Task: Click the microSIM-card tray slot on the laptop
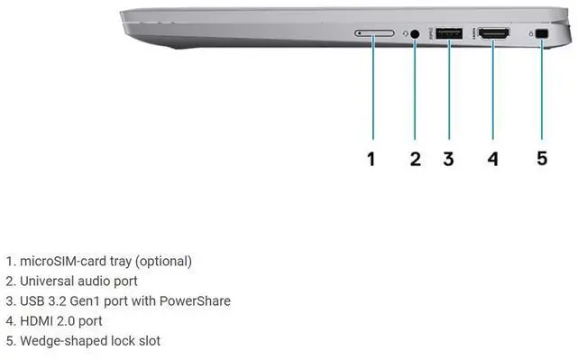[374, 33]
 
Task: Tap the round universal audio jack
[415, 34]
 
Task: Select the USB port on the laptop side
[449, 33]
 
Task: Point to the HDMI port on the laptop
[493, 34]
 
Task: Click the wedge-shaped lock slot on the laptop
[542, 34]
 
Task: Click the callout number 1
[371, 159]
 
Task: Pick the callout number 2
[416, 159]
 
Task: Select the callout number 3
[448, 159]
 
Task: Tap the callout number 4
[493, 159]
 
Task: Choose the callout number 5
[542, 158]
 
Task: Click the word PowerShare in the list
[195, 301]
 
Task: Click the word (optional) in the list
[163, 262]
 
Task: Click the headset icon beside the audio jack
[406, 33]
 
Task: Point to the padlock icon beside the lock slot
[531, 34]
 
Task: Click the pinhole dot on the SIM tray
[359, 33]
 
